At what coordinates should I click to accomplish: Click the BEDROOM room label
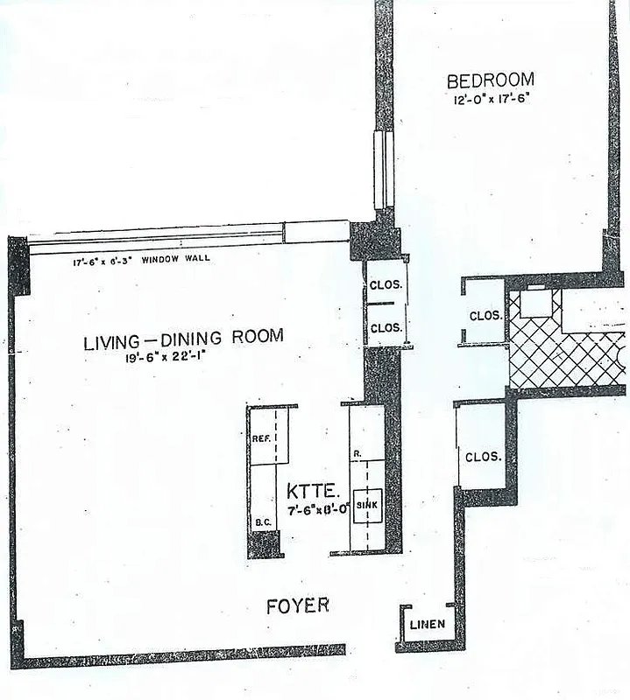pos(490,80)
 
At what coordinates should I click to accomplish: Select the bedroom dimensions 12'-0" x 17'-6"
pos(490,99)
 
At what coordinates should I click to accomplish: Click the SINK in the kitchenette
pos(366,506)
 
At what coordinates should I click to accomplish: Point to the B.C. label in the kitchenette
pos(261,522)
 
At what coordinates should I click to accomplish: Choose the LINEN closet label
pos(428,625)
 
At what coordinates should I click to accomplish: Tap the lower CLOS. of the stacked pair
pos(386,327)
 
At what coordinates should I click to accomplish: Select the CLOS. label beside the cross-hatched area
pos(485,316)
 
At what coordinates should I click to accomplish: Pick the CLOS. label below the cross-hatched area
pos(483,457)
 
